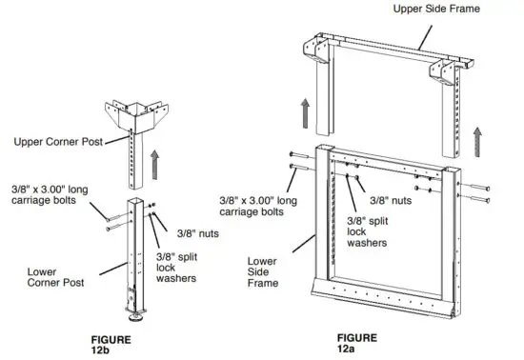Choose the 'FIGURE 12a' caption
click(x=357, y=342)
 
